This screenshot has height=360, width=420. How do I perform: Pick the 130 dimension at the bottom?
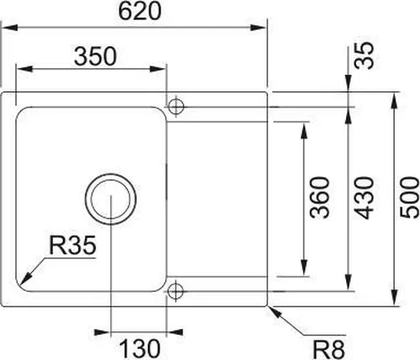coord(139,345)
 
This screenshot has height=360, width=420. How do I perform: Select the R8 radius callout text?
coord(328,345)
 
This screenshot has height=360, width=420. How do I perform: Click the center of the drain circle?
coord(111,200)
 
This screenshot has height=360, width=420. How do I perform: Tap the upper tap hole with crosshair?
coord(176,107)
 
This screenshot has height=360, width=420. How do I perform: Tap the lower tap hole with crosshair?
coord(176,291)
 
